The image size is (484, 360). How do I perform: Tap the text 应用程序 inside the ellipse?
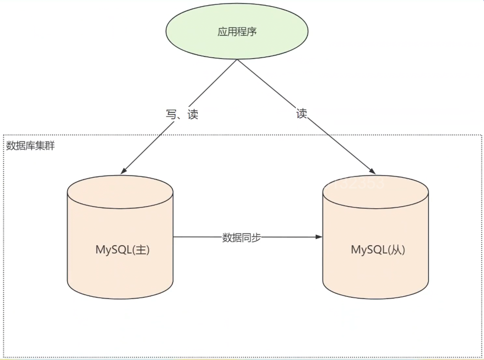(237, 32)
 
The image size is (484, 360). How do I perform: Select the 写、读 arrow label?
(182, 114)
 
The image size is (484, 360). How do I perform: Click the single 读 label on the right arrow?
(301, 113)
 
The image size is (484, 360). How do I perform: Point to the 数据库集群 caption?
(30, 146)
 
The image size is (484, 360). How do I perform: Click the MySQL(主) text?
(122, 249)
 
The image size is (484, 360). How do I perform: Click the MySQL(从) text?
(378, 249)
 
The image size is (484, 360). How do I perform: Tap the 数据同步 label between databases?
(241, 237)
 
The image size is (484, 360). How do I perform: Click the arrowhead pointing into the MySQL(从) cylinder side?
(319, 237)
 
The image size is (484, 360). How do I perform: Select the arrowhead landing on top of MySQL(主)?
(124, 171)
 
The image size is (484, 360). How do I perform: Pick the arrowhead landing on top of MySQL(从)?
(372, 171)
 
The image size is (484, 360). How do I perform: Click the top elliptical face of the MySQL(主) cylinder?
(120, 192)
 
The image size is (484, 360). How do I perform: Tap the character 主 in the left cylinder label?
(141, 249)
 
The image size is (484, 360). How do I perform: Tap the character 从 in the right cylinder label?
(396, 249)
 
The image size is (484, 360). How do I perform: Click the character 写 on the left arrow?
(171, 114)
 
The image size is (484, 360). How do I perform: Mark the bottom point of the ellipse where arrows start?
(237, 59)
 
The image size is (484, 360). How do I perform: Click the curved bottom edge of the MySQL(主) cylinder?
(120, 298)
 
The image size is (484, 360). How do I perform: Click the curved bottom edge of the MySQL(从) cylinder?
(375, 298)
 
